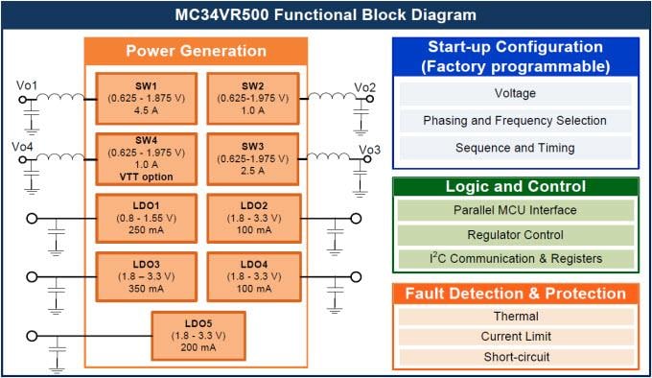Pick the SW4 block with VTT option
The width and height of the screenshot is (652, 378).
(146, 158)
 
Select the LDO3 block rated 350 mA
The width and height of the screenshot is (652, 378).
(146, 277)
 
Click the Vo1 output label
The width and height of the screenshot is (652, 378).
(27, 86)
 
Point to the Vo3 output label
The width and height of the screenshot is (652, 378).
(370, 150)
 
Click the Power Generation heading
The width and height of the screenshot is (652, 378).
(196, 51)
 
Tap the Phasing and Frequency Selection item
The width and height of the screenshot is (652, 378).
(515, 121)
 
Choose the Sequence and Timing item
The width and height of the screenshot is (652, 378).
(515, 148)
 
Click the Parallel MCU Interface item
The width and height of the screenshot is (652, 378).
(515, 210)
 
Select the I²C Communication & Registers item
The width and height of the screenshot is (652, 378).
(515, 257)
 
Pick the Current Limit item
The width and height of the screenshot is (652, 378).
(515, 337)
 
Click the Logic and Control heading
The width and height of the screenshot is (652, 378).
(515, 186)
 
